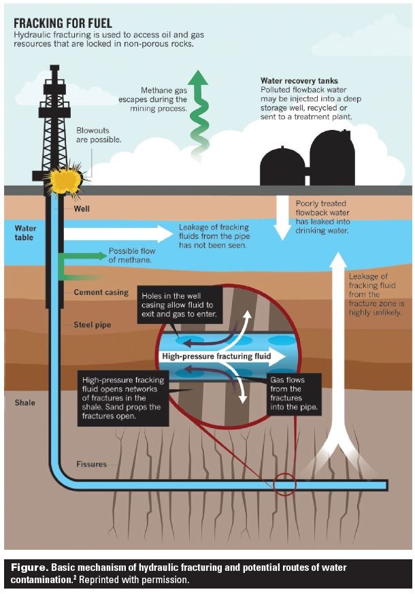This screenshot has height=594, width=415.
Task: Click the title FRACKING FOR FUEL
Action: click(x=63, y=23)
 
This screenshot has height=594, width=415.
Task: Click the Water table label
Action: click(x=27, y=233)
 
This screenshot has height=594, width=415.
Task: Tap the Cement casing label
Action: click(x=101, y=293)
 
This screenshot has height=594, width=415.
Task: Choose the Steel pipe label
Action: click(x=92, y=325)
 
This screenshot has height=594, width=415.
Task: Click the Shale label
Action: click(x=24, y=403)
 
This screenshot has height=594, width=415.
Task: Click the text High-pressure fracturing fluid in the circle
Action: click(x=216, y=356)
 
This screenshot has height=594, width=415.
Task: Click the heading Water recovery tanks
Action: click(x=299, y=81)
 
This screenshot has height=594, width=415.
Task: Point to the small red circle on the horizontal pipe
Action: click(x=284, y=485)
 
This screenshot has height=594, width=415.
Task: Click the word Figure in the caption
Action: click(x=27, y=567)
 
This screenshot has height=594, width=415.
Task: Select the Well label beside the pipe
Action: click(x=82, y=210)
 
